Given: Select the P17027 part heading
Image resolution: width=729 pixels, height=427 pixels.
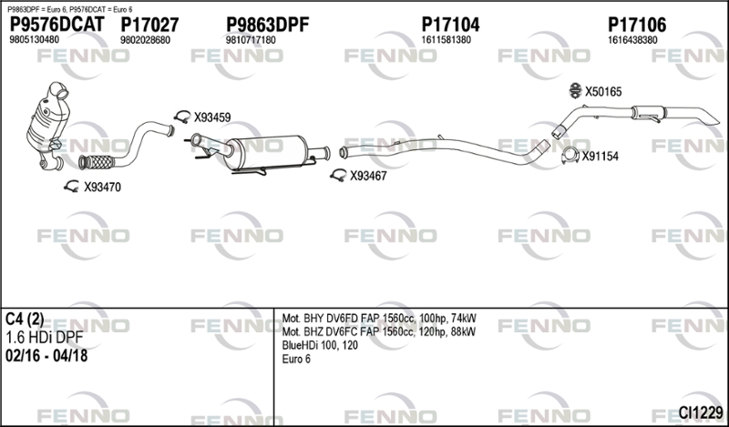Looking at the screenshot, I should pyautogui.click(x=149, y=25).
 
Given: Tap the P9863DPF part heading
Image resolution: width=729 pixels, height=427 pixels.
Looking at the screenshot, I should pyautogui.click(x=267, y=25).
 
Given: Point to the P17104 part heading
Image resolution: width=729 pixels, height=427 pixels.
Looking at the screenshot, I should pyautogui.click(x=450, y=25).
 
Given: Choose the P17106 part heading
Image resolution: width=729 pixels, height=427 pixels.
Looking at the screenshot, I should pyautogui.click(x=636, y=25).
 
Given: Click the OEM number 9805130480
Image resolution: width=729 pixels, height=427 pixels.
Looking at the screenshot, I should pyautogui.click(x=34, y=41).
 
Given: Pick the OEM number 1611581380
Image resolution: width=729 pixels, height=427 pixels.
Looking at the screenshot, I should pyautogui.click(x=446, y=41).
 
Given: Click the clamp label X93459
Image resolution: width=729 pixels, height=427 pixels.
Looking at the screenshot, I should pyautogui.click(x=211, y=117).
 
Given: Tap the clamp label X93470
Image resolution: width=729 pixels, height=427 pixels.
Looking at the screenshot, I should pyautogui.click(x=102, y=188).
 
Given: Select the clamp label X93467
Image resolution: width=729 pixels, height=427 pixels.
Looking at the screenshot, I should pyautogui.click(x=369, y=176).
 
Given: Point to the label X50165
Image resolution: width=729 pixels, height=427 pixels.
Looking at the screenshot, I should pyautogui.click(x=602, y=91).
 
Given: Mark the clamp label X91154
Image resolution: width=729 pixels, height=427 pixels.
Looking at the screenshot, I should pyautogui.click(x=600, y=157).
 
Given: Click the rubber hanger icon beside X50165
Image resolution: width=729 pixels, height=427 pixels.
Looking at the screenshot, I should pyautogui.click(x=575, y=90).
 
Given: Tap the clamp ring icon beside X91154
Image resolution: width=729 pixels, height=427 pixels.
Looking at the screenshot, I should pyautogui.click(x=570, y=156).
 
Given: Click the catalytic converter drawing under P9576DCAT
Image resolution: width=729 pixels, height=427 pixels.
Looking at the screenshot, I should pyautogui.click(x=45, y=127).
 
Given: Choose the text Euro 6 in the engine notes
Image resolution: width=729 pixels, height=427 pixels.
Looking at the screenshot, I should pyautogui.click(x=296, y=360).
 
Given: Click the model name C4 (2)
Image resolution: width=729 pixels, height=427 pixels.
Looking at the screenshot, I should pyautogui.click(x=25, y=320).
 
